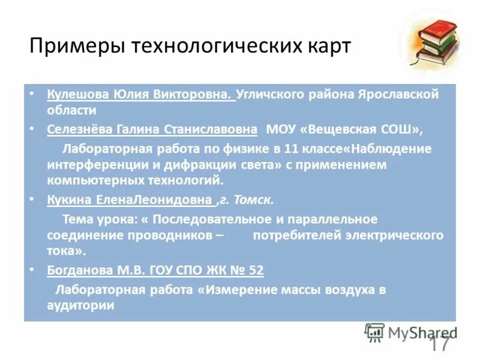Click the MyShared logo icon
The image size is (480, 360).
(374, 332)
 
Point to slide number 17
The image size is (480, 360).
(439, 344)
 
